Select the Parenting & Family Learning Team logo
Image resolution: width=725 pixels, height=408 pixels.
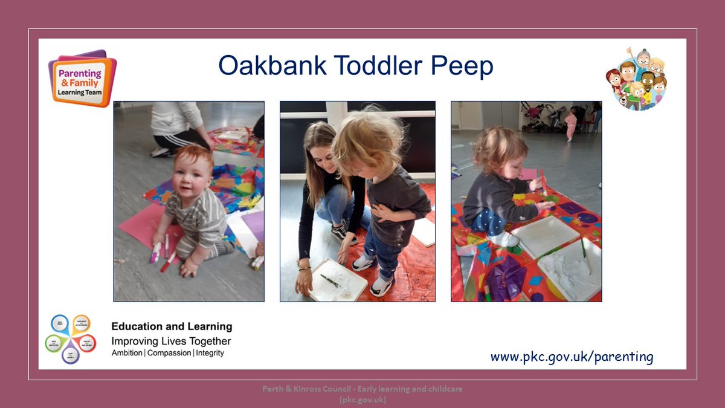(x=82, y=79)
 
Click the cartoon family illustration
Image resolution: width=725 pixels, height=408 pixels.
(x=636, y=79)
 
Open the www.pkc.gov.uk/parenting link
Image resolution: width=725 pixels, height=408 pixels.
(x=572, y=357)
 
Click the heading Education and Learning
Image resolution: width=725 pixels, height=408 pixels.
(x=172, y=326)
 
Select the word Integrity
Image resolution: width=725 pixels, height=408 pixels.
(x=210, y=353)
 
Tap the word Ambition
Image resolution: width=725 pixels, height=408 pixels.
(x=127, y=353)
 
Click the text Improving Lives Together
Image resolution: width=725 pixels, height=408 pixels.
(x=171, y=341)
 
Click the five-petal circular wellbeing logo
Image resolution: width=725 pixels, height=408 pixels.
(x=70, y=340)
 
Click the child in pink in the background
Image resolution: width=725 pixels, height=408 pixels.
(x=570, y=125)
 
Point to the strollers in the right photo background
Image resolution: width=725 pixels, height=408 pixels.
(x=544, y=116)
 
